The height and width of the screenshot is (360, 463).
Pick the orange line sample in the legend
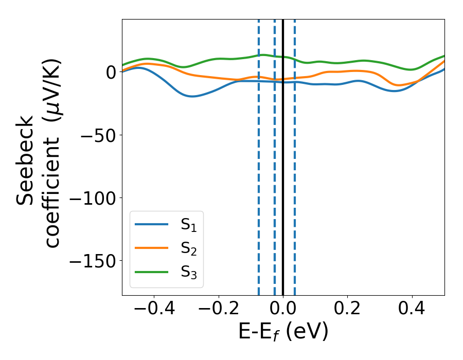[x=152, y=248]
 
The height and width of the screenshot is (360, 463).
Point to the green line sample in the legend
[x=152, y=272]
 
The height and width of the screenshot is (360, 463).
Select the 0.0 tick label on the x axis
[x=283, y=311]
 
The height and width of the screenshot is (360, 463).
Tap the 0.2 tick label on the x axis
[x=348, y=311]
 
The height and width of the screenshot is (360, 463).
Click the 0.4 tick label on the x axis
[x=412, y=311]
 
